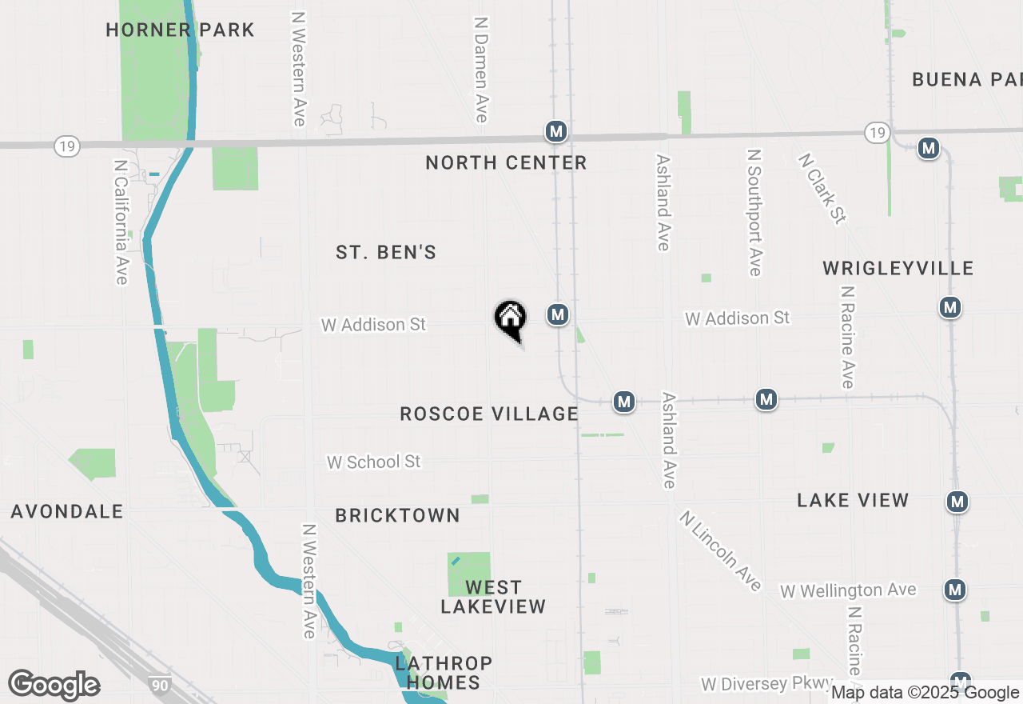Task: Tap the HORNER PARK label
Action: (x=181, y=30)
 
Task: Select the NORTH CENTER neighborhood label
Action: (x=506, y=163)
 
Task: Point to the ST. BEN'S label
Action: (x=386, y=253)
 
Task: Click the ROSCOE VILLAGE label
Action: (x=489, y=414)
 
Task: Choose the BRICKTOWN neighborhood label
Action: (x=397, y=516)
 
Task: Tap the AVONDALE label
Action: (x=67, y=511)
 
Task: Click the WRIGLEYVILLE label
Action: (x=898, y=268)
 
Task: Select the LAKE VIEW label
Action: (x=853, y=501)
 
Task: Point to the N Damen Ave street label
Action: (x=480, y=70)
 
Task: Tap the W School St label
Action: (x=373, y=462)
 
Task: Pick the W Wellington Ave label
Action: (x=848, y=590)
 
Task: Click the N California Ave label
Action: (x=121, y=222)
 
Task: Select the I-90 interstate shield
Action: (x=159, y=685)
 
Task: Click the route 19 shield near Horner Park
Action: (x=68, y=146)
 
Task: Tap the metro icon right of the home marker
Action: (x=558, y=314)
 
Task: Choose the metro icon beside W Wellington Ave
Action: (x=954, y=590)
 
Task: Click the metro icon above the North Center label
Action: (x=556, y=131)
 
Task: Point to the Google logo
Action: (x=54, y=685)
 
